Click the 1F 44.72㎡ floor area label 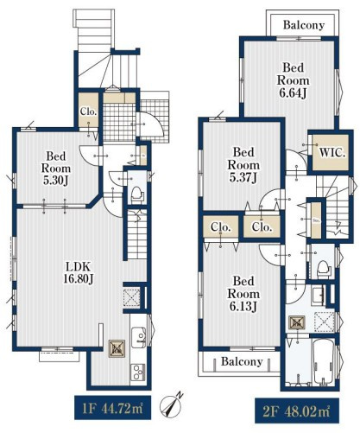click(x=113, y=409)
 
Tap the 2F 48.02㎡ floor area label click(x=297, y=411)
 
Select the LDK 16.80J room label click(x=78, y=272)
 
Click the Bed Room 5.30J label click(x=56, y=169)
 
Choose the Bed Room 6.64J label click(x=294, y=80)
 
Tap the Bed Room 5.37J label click(x=243, y=165)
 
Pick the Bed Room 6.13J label click(x=243, y=294)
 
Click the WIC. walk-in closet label click(x=332, y=153)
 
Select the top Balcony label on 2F click(x=304, y=25)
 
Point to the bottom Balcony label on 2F click(x=242, y=361)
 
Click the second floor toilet click(x=322, y=269)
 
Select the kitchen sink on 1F click(x=139, y=336)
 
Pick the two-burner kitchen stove click(x=138, y=372)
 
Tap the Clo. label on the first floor click(x=88, y=111)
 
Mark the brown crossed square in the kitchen click(x=117, y=348)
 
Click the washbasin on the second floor click(x=319, y=296)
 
